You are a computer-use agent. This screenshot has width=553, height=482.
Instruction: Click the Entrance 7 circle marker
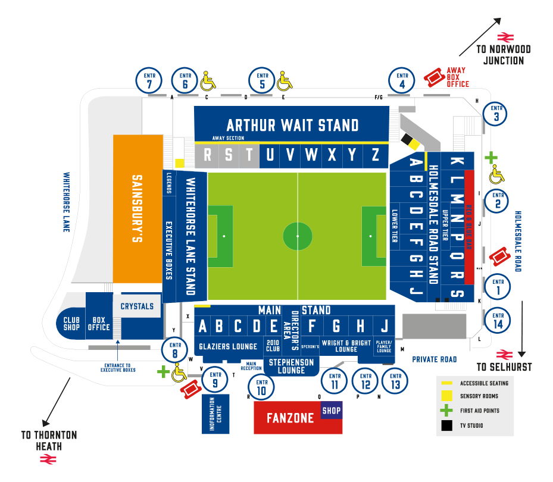(149, 80)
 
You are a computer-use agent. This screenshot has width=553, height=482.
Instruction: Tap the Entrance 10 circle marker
(261, 386)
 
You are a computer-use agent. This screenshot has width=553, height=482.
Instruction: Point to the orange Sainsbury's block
(138, 208)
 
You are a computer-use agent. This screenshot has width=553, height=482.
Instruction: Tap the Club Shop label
(71, 324)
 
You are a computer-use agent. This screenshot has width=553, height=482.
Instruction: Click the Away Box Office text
(458, 76)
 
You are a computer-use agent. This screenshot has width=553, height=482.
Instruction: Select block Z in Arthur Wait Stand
(375, 155)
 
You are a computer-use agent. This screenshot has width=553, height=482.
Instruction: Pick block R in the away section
(208, 155)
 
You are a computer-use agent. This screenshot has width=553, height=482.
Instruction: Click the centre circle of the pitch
(298, 236)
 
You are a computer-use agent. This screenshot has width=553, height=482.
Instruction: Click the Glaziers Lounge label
(228, 346)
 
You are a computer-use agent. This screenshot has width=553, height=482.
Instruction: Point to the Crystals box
(137, 306)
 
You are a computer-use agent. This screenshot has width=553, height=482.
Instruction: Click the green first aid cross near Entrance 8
(163, 372)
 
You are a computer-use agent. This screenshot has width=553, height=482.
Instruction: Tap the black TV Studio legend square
(447, 425)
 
